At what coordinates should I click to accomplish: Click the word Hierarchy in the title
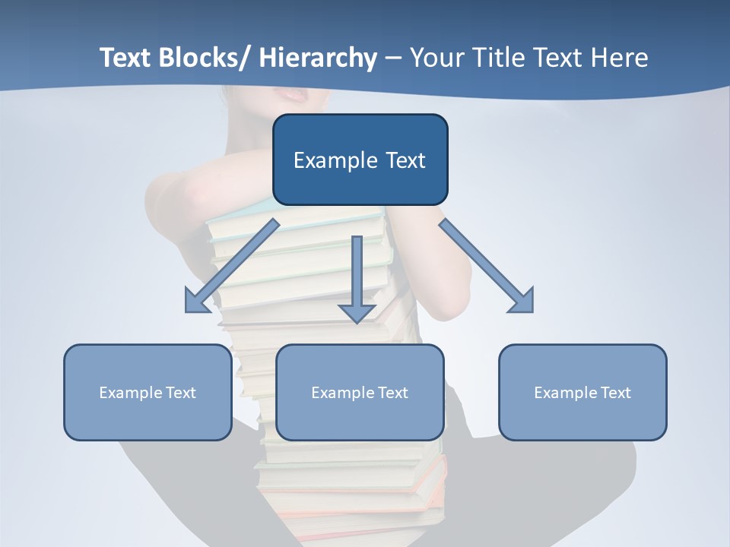tap(318, 58)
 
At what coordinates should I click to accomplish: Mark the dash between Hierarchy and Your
tap(393, 58)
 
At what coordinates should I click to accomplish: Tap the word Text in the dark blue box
tap(403, 160)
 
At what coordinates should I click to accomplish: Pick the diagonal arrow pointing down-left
tap(232, 266)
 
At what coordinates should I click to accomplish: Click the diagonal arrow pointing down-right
tap(487, 266)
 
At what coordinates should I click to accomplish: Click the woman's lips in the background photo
tap(290, 93)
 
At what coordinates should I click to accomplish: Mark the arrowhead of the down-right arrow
tap(522, 302)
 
